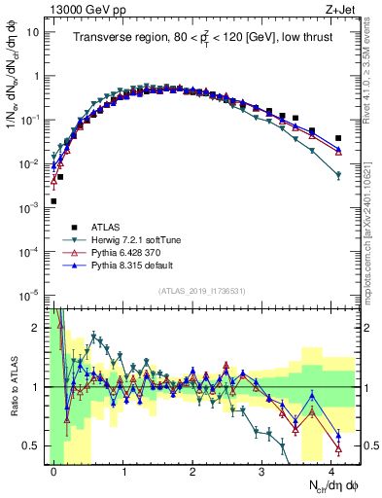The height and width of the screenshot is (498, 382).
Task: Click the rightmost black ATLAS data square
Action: [x=338, y=138]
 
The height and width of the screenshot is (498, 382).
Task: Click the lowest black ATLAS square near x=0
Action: [x=53, y=201]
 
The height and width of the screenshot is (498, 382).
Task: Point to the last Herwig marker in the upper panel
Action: [x=338, y=175]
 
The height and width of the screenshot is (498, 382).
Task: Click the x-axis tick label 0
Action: [x=53, y=469]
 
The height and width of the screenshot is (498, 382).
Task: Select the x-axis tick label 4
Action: [x=331, y=469]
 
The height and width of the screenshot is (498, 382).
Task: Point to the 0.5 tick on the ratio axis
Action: [x=37, y=445]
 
